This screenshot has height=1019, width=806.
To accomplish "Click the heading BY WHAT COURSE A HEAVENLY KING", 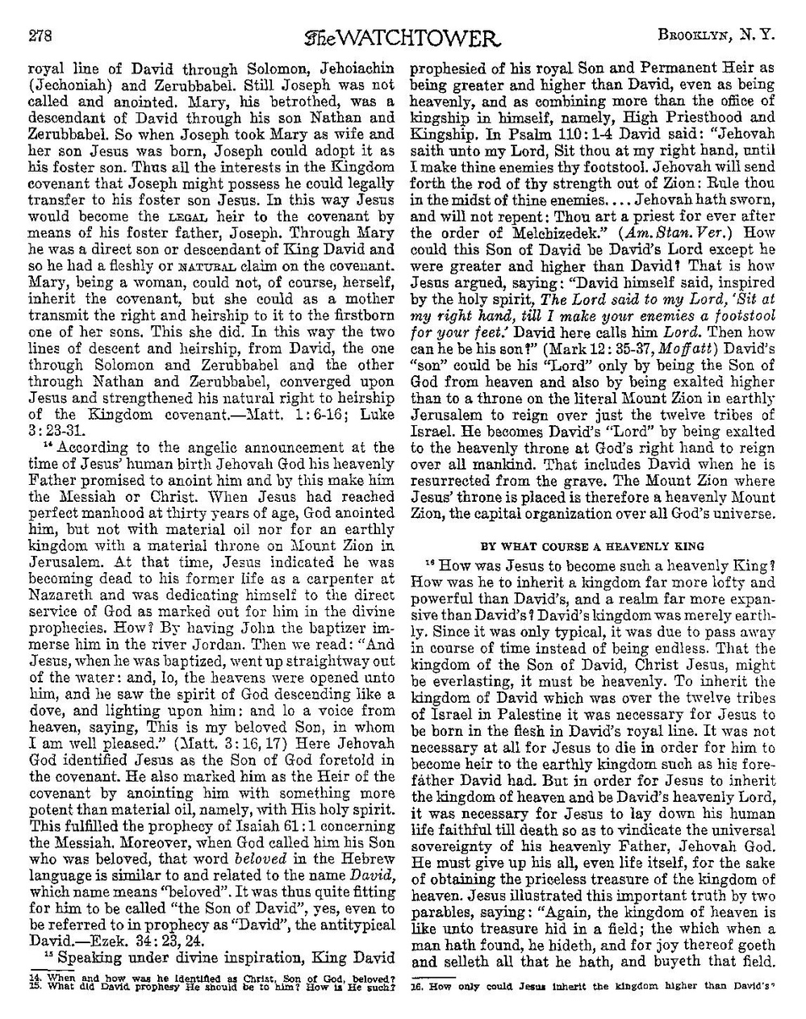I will [x=592, y=546].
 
